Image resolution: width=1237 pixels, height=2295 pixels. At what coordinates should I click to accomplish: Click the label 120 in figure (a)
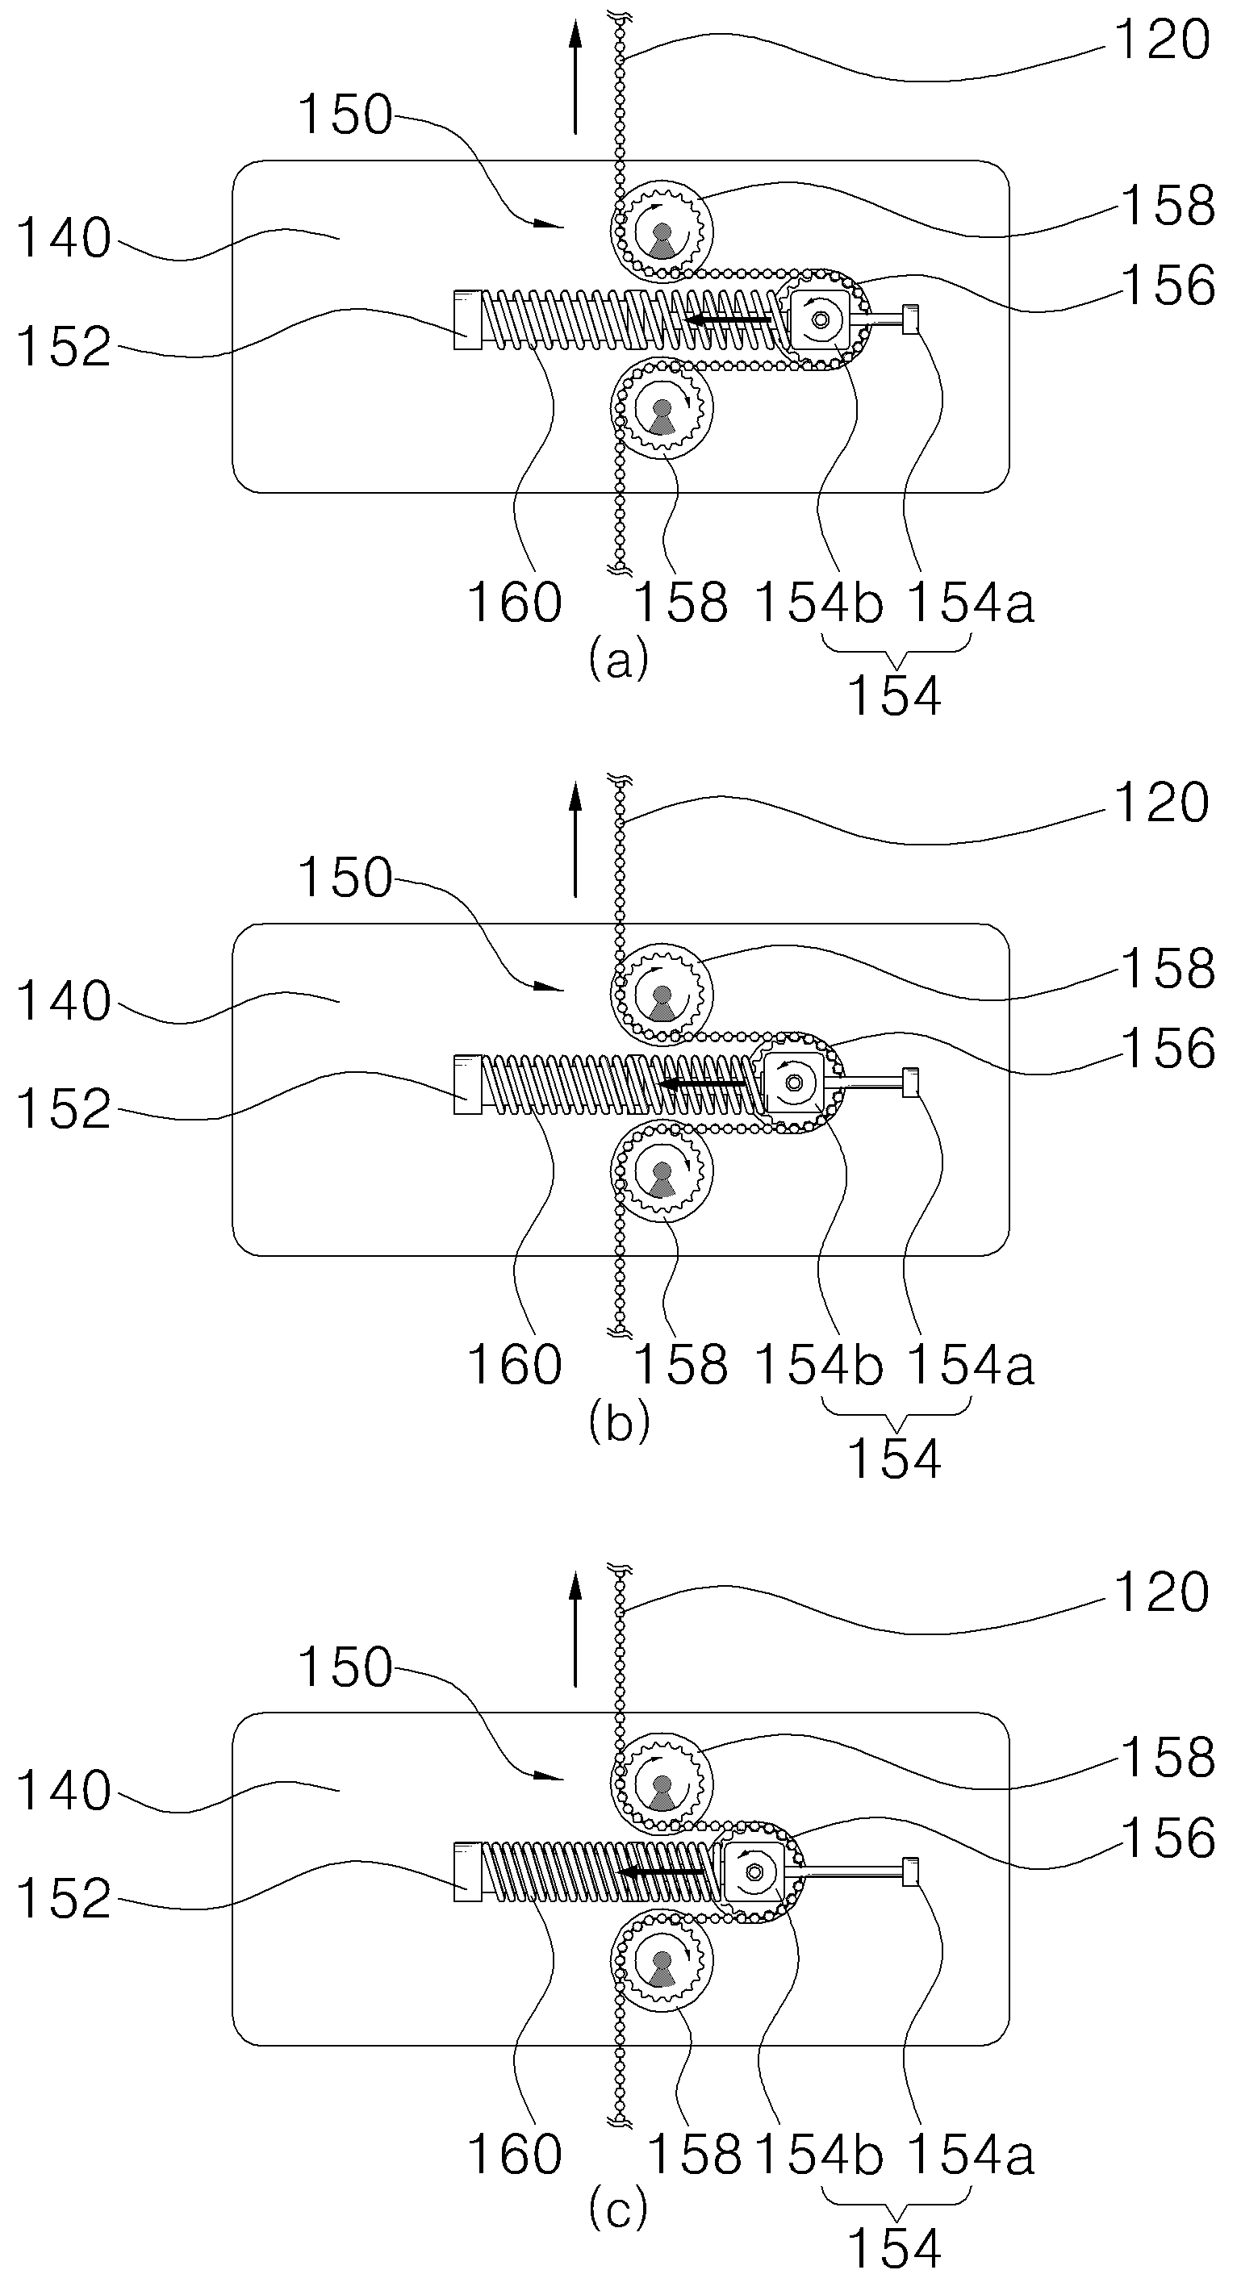pyautogui.click(x=1161, y=40)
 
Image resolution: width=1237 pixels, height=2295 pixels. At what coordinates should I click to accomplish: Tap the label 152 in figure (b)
pyautogui.click(x=65, y=1109)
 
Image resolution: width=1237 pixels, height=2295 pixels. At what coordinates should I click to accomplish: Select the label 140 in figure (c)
pyautogui.click(x=65, y=1790)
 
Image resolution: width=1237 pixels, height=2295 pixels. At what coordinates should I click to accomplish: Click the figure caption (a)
pyautogui.click(x=618, y=660)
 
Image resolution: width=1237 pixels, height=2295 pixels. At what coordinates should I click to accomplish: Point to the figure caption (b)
pyautogui.click(x=618, y=1423)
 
